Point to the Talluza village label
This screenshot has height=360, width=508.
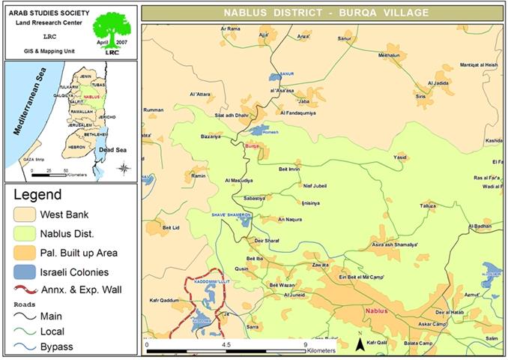point(428,205)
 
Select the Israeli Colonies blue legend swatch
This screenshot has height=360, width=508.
point(27,271)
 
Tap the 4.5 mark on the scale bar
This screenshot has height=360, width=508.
point(226,344)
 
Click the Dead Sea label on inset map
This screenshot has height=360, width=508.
point(110,149)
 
